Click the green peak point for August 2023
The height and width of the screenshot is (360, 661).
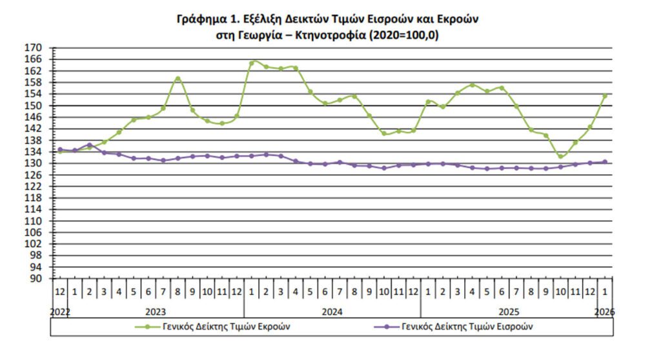178,79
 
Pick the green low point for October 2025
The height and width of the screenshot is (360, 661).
560,156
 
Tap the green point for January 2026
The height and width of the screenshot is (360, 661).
605,96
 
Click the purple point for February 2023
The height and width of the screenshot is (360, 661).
89,145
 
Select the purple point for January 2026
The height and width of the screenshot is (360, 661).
605,162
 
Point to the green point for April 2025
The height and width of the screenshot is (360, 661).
472,85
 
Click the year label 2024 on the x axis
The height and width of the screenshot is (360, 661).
332,312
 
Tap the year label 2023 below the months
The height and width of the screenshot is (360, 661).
155,312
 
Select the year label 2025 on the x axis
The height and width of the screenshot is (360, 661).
508,312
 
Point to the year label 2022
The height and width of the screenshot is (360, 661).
60,312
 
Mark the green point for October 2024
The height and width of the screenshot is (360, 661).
384,133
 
